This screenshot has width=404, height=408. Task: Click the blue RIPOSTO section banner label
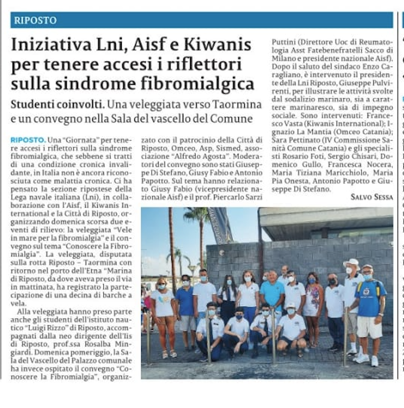click(x=35, y=21)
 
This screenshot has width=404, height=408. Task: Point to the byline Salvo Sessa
click(x=372, y=197)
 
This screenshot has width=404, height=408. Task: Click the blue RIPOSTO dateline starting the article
click(x=28, y=140)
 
